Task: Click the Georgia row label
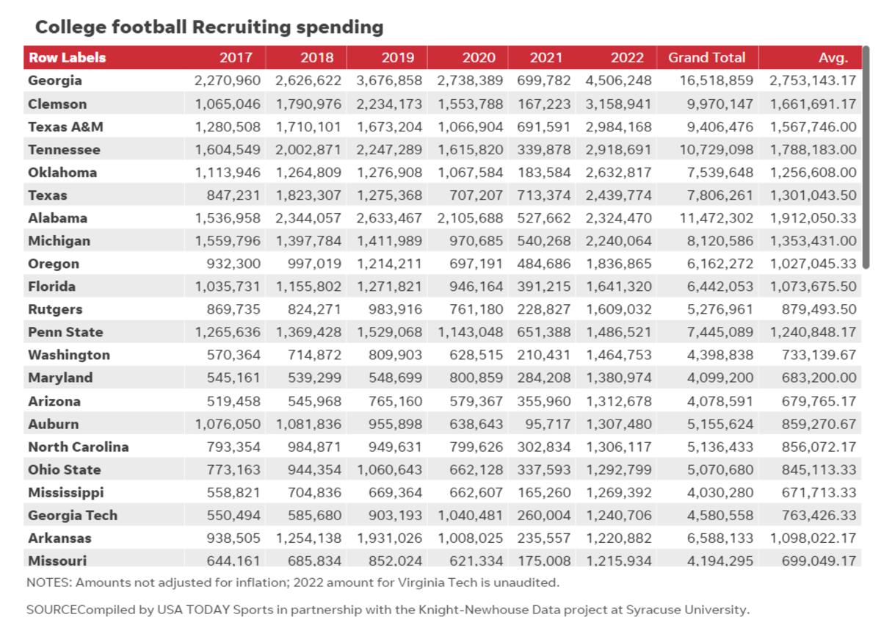(55, 80)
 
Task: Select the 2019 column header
(397, 57)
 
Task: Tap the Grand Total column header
(706, 57)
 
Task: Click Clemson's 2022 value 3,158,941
(618, 104)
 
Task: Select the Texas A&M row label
(65, 126)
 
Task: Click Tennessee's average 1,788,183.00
(813, 149)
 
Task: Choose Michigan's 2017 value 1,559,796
(228, 241)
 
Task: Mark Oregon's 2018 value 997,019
(310, 264)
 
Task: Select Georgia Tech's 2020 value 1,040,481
(471, 516)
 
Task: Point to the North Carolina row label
(78, 447)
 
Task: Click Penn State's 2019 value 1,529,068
(390, 332)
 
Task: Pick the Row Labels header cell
(67, 57)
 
